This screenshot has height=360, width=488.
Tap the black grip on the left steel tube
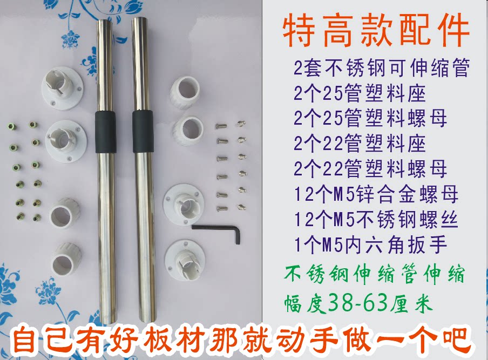(105, 132)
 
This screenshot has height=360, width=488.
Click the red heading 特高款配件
(376, 30)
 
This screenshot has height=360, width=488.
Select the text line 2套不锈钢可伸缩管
(382, 68)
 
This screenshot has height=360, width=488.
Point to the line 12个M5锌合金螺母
(376, 194)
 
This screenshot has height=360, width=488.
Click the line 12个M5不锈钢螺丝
(376, 220)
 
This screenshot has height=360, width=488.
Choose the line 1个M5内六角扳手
(371, 245)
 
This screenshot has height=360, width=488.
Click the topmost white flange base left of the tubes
(63, 88)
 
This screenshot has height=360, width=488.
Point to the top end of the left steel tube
(104, 21)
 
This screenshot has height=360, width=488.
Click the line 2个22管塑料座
(360, 144)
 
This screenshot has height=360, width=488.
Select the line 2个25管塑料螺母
(370, 119)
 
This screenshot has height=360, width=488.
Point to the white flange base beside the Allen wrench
(184, 205)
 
